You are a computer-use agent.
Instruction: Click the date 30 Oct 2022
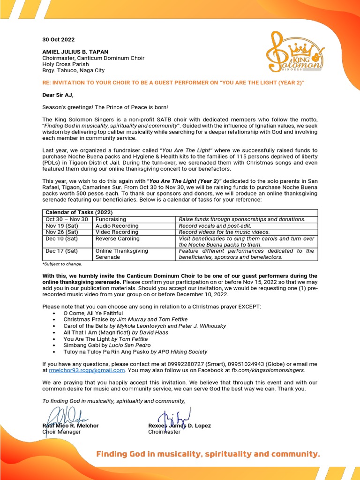(58, 40)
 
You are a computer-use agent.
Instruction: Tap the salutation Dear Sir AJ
(58, 95)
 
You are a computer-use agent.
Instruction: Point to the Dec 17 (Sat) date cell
(62, 251)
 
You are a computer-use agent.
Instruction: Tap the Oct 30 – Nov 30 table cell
(67, 219)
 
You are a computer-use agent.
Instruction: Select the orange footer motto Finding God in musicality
(208, 454)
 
